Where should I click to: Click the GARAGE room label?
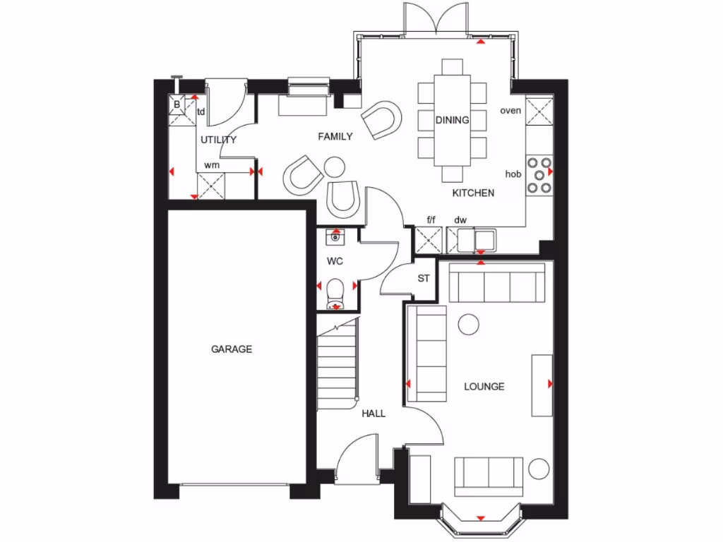click(x=231, y=349)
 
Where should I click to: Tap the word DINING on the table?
click(x=452, y=120)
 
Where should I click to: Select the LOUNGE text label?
click(x=484, y=387)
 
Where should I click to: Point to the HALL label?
click(x=374, y=414)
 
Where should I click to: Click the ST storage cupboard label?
click(x=423, y=279)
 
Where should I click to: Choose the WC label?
click(x=335, y=261)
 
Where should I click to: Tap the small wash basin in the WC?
click(x=335, y=239)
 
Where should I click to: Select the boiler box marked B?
click(x=177, y=105)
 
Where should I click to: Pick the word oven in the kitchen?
click(x=510, y=111)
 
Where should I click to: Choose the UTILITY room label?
click(x=218, y=140)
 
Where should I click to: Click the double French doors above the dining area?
click(x=437, y=18)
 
